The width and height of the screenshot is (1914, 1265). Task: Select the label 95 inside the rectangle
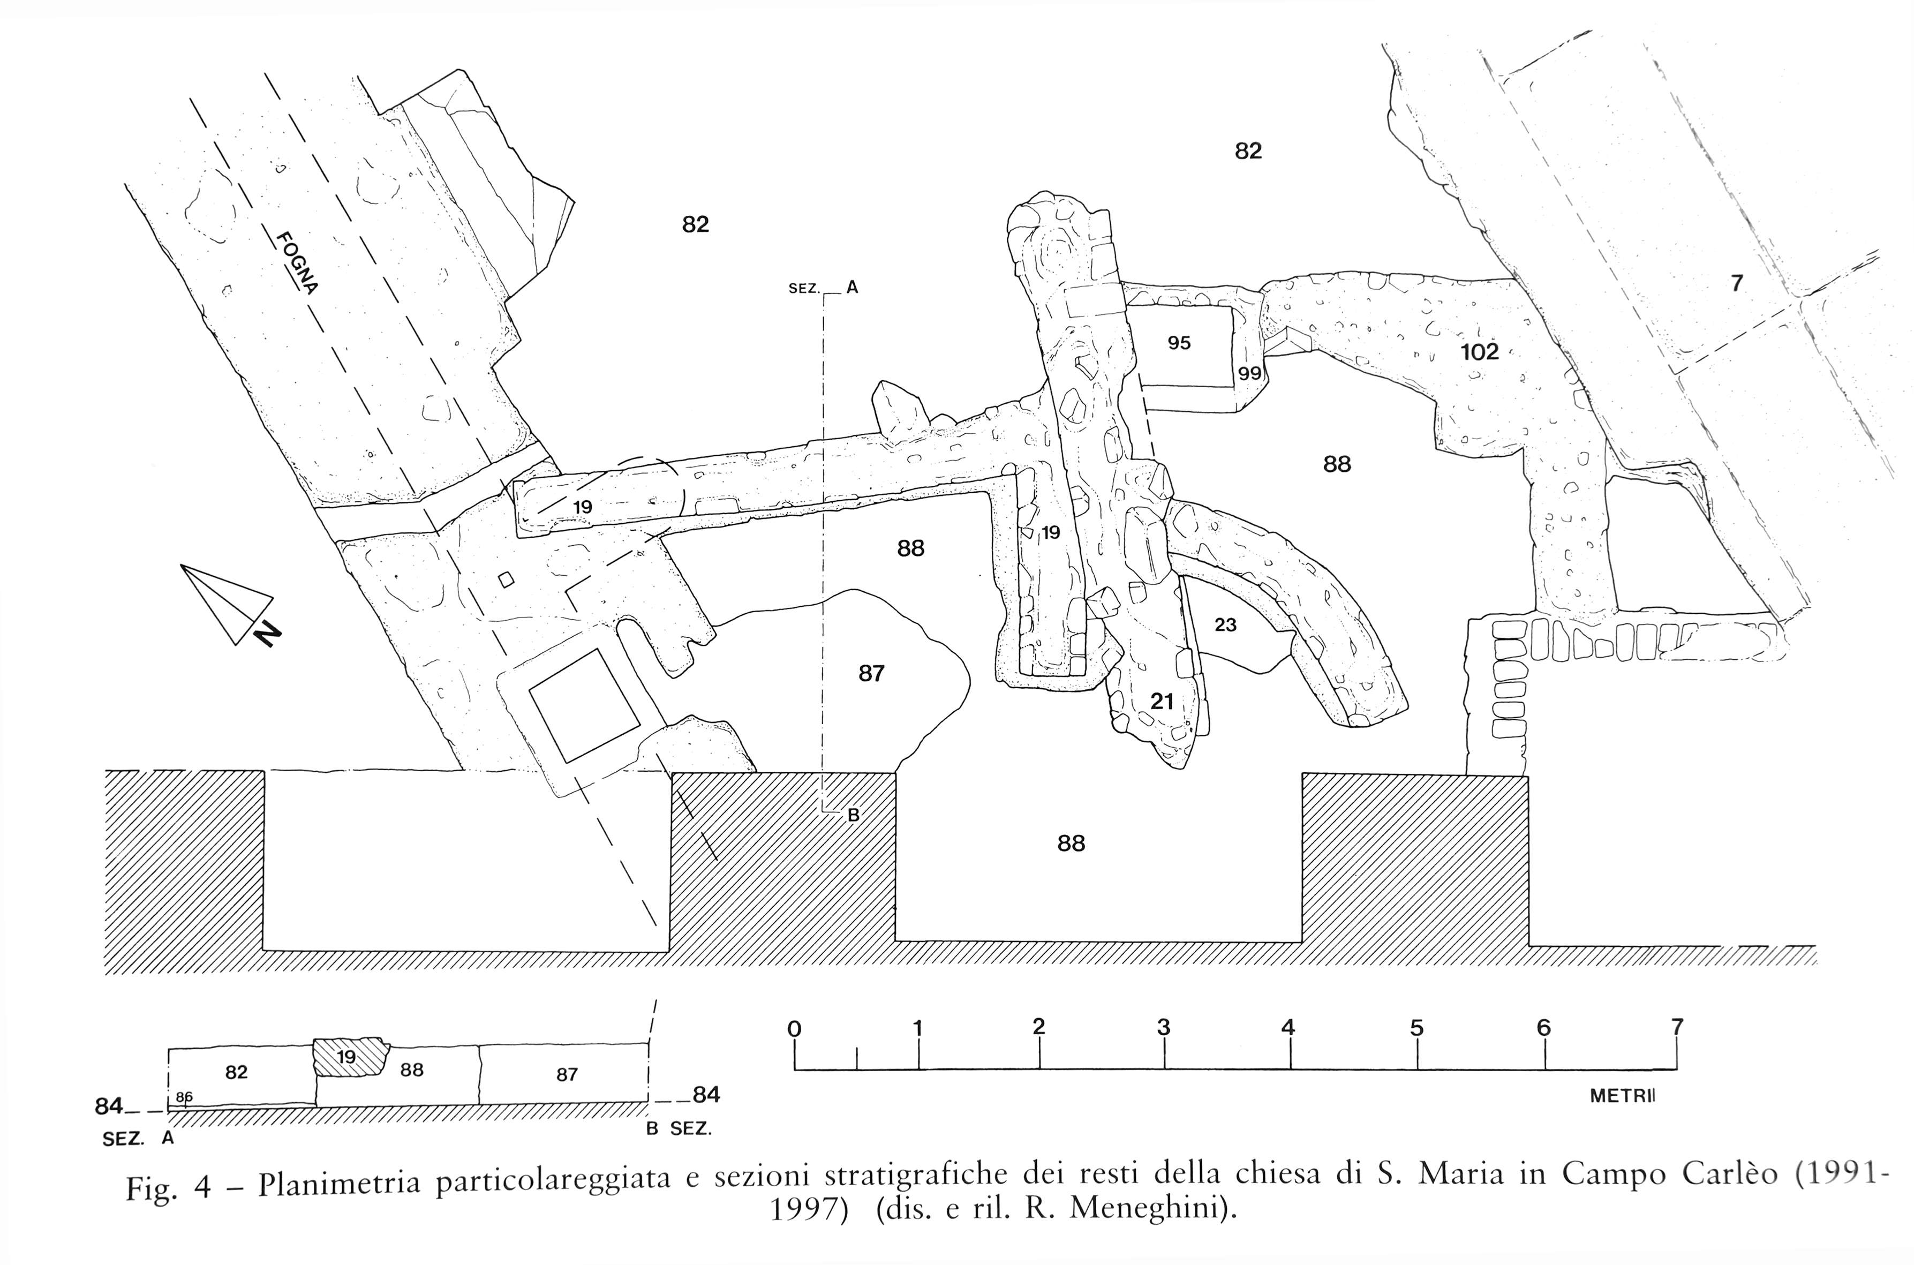pyautogui.click(x=1179, y=343)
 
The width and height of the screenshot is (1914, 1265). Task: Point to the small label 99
pyautogui.click(x=1249, y=373)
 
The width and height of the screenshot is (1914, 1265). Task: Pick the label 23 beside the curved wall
pyautogui.click(x=1225, y=625)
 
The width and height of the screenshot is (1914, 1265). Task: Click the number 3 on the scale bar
pyautogui.click(x=1163, y=1028)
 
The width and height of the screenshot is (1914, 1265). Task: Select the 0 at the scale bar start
pyautogui.click(x=795, y=1029)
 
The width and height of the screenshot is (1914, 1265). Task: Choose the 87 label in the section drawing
pyautogui.click(x=567, y=1074)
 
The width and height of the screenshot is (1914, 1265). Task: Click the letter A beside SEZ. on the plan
pyautogui.click(x=851, y=287)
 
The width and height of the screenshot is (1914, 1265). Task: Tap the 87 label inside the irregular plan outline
pyautogui.click(x=871, y=673)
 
